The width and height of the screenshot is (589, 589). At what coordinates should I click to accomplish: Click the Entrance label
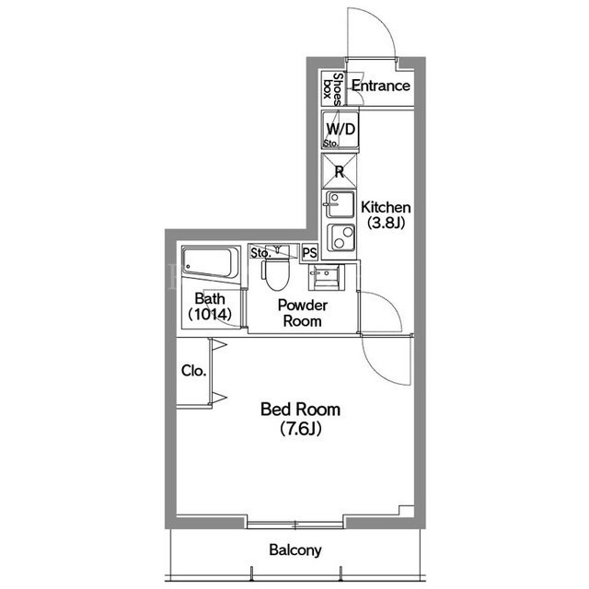(x=380, y=86)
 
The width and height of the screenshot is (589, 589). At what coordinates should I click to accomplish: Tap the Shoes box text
(x=333, y=89)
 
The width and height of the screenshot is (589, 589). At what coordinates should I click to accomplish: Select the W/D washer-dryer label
(x=341, y=129)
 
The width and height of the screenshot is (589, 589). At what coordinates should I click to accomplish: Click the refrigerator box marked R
(x=340, y=171)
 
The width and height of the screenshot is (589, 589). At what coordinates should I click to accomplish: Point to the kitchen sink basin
(x=340, y=204)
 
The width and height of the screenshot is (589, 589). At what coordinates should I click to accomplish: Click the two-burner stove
(x=341, y=237)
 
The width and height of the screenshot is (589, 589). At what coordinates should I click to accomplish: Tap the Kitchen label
(x=386, y=207)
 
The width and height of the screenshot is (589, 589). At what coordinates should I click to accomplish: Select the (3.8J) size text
(x=386, y=223)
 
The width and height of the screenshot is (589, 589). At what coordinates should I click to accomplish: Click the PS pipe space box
(x=310, y=253)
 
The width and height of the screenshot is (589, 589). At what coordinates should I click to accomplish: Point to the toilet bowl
(x=276, y=274)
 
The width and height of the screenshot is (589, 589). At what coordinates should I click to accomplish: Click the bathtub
(x=211, y=262)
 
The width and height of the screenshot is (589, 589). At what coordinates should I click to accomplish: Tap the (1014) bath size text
(x=210, y=314)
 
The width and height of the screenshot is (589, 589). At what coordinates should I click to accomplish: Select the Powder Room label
(x=303, y=313)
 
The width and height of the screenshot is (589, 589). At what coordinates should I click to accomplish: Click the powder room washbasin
(x=326, y=277)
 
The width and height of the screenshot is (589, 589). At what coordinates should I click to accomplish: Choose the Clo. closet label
(x=194, y=371)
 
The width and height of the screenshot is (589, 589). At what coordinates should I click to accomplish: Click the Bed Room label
(x=301, y=409)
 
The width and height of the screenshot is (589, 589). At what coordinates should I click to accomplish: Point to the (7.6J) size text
(x=301, y=429)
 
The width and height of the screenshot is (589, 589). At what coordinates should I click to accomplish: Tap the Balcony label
(x=295, y=550)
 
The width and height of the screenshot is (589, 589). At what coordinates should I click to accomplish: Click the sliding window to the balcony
(x=294, y=524)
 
